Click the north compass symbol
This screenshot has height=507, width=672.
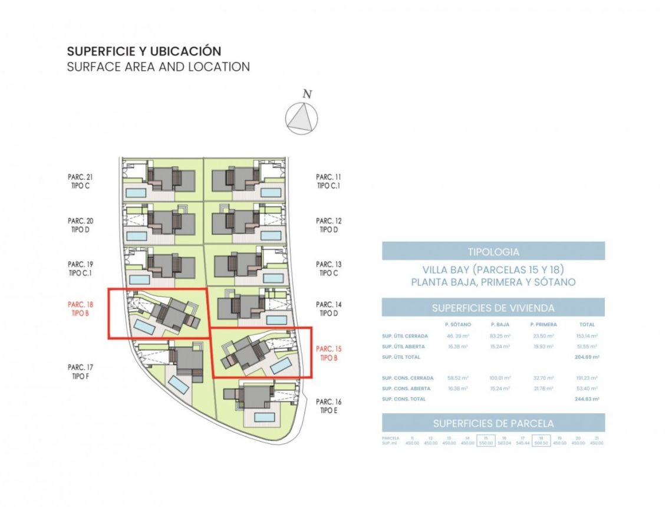click(302, 118)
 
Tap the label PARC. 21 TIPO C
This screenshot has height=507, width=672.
click(81, 181)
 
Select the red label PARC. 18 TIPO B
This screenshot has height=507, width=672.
click(81, 309)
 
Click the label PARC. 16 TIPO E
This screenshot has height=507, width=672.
click(328, 406)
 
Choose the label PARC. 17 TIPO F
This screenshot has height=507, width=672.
click(81, 371)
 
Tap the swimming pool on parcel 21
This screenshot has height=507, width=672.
click(136, 193)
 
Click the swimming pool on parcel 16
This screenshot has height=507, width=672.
click(264, 417)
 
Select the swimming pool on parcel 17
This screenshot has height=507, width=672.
click(178, 385)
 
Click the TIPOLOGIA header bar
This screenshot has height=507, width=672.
click(493, 252)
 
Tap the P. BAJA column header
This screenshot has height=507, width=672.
click(500, 324)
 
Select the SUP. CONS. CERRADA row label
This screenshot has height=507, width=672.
click(407, 378)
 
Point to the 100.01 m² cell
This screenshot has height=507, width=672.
click(500, 378)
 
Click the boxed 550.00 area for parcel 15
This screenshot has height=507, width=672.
click(486, 443)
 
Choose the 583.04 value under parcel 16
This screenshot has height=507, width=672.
click(503, 443)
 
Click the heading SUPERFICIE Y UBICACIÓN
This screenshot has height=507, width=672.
click(144, 51)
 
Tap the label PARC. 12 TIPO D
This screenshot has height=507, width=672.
click(328, 225)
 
